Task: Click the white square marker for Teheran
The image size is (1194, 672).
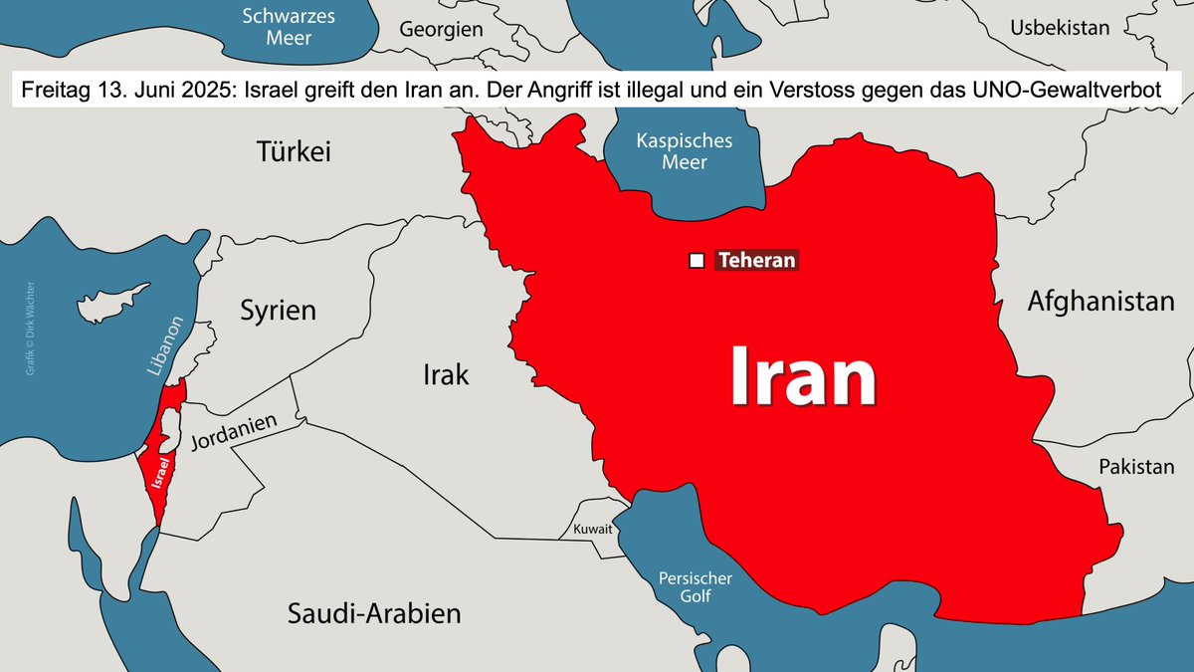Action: click(696, 261)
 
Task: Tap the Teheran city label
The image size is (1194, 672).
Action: click(756, 261)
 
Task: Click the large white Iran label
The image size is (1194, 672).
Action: click(803, 377)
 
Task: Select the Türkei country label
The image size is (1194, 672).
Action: click(294, 152)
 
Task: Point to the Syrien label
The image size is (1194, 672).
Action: click(279, 311)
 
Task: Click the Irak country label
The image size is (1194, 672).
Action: click(446, 375)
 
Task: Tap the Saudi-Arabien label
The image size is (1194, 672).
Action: click(374, 613)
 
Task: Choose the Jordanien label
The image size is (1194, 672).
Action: click(233, 435)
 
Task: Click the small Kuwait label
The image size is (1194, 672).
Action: click(593, 530)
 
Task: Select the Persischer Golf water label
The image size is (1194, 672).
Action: click(696, 587)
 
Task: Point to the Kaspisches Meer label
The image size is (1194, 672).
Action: click(684, 150)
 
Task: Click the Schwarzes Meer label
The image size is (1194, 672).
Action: click(290, 27)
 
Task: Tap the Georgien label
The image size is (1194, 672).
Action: click(441, 30)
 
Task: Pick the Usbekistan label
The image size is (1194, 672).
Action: click(1060, 28)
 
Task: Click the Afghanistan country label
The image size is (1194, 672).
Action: click(1100, 301)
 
